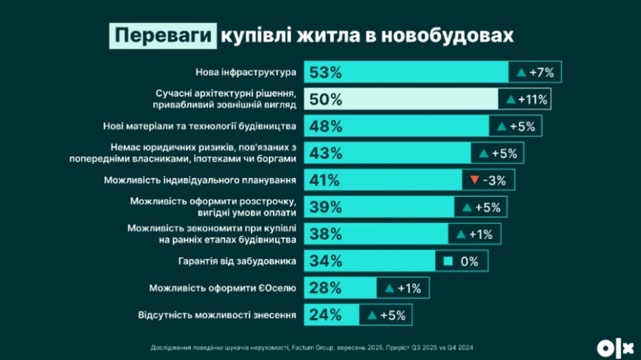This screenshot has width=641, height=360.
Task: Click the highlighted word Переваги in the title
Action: pos(163,36)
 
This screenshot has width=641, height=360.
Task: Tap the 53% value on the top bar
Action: pos(325,72)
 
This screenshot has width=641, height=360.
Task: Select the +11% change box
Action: pos(524,100)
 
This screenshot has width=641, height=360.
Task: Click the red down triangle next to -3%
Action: pos(474,180)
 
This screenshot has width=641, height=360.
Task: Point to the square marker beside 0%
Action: pos(448,261)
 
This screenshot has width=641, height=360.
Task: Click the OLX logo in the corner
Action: pos(615,348)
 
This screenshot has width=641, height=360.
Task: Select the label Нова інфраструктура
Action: pos(246,72)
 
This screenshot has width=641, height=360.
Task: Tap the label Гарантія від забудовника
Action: pos(237,261)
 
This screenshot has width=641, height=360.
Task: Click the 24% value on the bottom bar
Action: pos(325,315)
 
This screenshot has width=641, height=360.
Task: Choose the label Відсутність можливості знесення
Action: pos(217,315)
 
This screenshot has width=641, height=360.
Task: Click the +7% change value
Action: pos(541,73)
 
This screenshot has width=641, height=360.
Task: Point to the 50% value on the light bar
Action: pos(325,100)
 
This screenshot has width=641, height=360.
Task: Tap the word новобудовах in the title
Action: pos(447,36)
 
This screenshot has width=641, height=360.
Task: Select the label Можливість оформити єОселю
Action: pos(222,288)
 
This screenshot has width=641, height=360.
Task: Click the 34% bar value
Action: pos(325,261)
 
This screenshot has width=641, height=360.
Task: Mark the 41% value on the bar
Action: pos(324,180)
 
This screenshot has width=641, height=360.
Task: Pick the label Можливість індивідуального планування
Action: pos(200,180)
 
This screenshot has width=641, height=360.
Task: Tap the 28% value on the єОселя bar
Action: pos(325,288)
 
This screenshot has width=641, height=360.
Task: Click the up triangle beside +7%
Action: pos(521,73)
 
